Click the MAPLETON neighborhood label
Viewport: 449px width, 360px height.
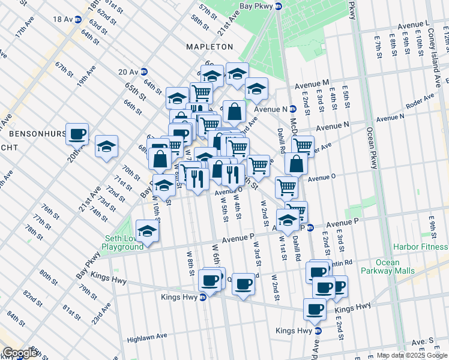pyautogui.click(x=209, y=46)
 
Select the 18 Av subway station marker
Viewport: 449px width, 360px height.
pyautogui.click(x=77, y=19)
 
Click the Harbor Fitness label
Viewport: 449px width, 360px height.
pyautogui.click(x=420, y=247)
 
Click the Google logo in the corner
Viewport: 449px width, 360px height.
pyautogui.click(x=20, y=353)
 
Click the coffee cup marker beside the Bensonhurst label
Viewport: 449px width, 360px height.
pyautogui.click(x=77, y=134)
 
